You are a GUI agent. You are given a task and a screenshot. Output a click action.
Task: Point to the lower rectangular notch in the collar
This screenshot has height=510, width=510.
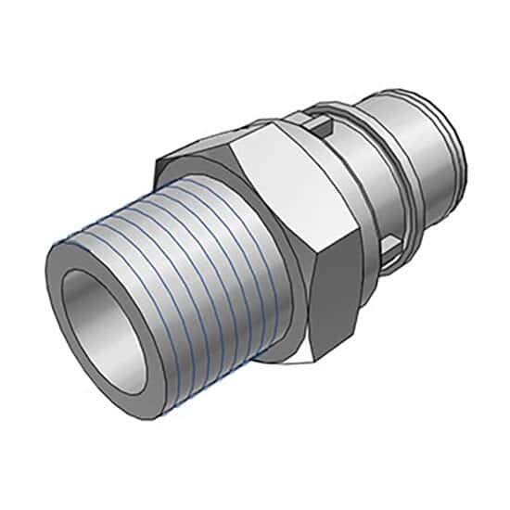pyautogui.click(x=394, y=245)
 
